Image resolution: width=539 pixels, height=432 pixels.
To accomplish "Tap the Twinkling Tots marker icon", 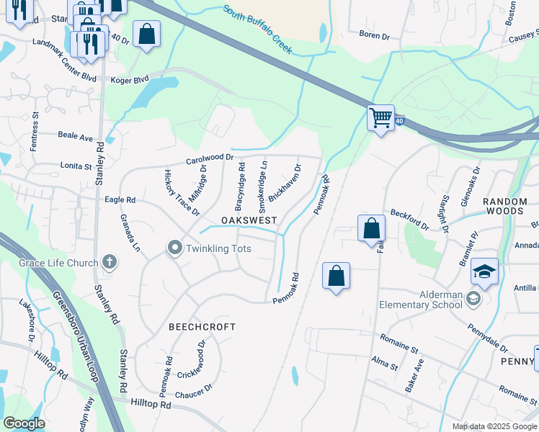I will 174,248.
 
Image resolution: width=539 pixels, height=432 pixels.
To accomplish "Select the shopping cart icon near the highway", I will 380,117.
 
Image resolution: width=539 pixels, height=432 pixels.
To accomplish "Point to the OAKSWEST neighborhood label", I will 250,219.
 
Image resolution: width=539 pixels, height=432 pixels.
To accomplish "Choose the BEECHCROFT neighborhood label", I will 202,327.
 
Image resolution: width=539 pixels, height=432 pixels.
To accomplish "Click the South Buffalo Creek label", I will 257,29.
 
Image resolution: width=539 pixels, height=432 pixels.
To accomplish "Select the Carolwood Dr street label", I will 210,157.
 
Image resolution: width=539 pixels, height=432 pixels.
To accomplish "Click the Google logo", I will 24,423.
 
